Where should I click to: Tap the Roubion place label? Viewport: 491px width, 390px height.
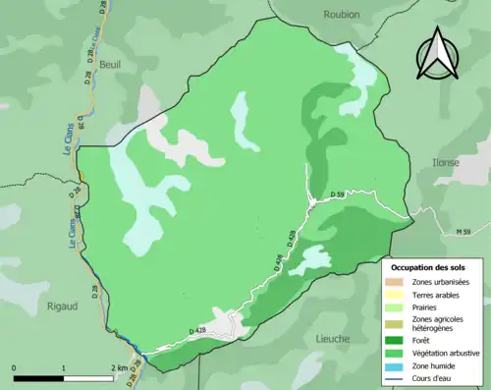(x=341, y=15)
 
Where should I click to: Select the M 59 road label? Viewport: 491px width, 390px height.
(x=471, y=232)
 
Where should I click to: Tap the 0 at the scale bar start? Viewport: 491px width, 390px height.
(x=14, y=367)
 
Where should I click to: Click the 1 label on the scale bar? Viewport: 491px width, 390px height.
(x=64, y=367)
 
